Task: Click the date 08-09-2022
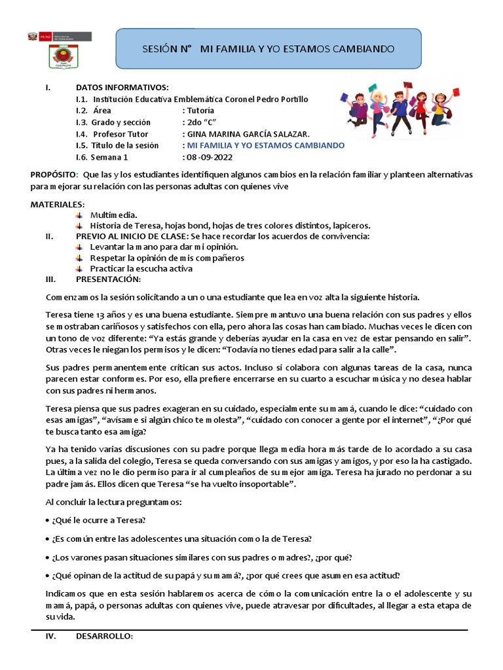[211, 158]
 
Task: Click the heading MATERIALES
[58, 205]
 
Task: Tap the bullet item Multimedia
[114, 215]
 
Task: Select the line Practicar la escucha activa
[141, 268]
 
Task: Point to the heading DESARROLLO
[105, 636]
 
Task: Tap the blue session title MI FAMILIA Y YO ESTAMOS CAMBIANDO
[266, 146]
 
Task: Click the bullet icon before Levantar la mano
[79, 247]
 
